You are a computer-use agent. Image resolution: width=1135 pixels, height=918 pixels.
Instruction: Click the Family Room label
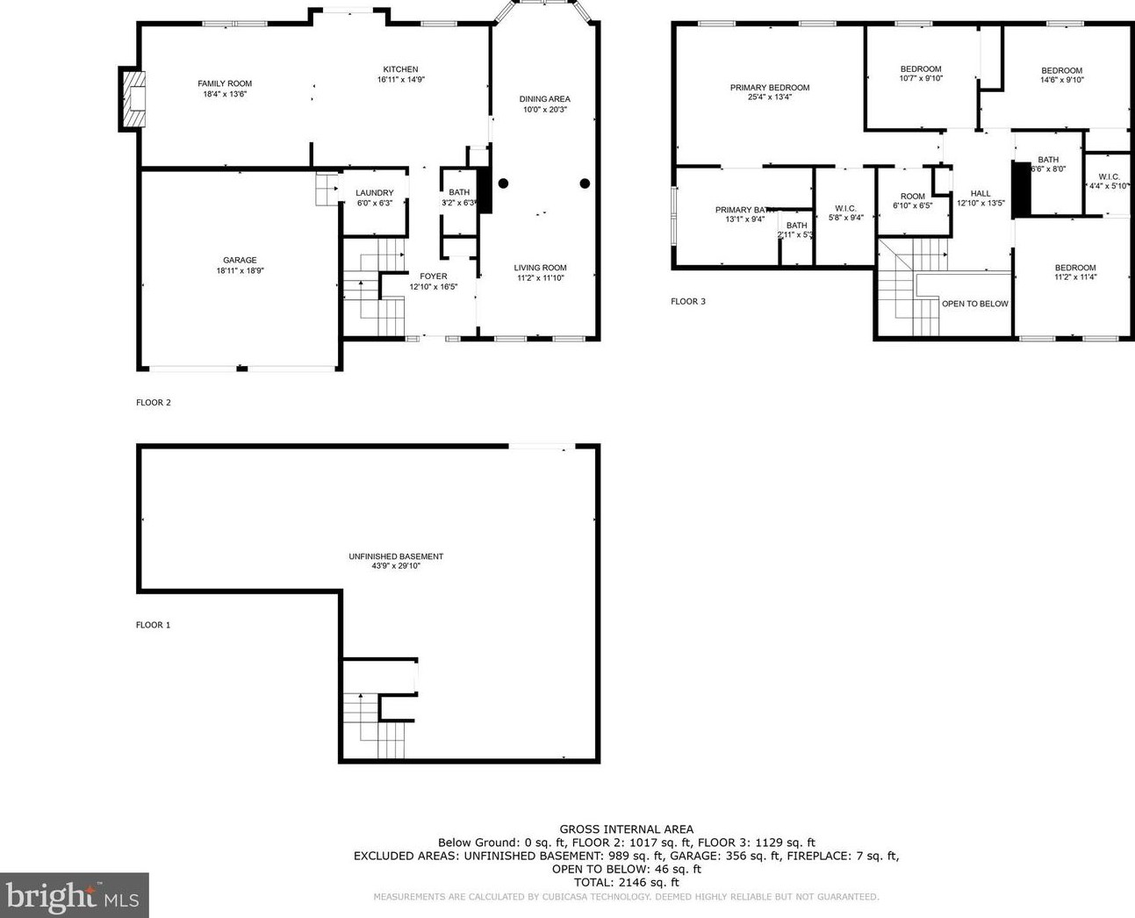click(x=225, y=83)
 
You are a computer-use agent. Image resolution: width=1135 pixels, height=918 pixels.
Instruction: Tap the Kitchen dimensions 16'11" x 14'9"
click(x=400, y=80)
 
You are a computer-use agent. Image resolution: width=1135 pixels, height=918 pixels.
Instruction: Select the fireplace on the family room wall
click(x=133, y=99)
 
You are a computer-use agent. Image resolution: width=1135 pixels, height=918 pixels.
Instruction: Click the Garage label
click(x=240, y=260)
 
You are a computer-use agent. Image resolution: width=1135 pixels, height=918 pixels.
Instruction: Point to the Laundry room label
click(x=374, y=193)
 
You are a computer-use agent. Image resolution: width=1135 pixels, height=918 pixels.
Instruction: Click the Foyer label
click(x=433, y=276)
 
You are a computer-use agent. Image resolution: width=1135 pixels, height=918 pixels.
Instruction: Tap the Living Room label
click(x=540, y=268)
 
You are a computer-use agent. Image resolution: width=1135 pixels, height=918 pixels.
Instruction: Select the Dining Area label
click(x=544, y=99)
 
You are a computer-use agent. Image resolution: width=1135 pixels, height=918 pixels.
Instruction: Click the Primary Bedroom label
click(x=769, y=88)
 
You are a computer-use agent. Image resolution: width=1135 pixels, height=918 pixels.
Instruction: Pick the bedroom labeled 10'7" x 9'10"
click(x=920, y=69)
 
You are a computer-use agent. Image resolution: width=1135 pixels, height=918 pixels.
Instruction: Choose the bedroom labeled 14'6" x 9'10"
click(x=1061, y=71)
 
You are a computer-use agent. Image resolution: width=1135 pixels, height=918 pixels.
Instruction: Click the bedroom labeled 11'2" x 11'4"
click(x=1075, y=268)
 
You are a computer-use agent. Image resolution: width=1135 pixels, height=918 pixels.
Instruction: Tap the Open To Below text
click(x=974, y=304)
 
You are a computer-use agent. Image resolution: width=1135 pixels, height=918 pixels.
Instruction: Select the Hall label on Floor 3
click(x=981, y=193)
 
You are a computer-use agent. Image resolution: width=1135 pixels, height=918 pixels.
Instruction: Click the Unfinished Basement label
click(x=396, y=556)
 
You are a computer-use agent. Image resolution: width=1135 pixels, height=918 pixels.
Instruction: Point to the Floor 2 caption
click(x=154, y=403)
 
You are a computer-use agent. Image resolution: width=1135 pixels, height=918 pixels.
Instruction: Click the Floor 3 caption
click(x=688, y=301)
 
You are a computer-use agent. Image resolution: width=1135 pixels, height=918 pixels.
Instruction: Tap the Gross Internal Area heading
click(x=626, y=828)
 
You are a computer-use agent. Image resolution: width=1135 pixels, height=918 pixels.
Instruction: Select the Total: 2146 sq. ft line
click(x=626, y=882)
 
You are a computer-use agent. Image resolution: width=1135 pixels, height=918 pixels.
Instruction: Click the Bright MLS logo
click(x=74, y=896)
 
